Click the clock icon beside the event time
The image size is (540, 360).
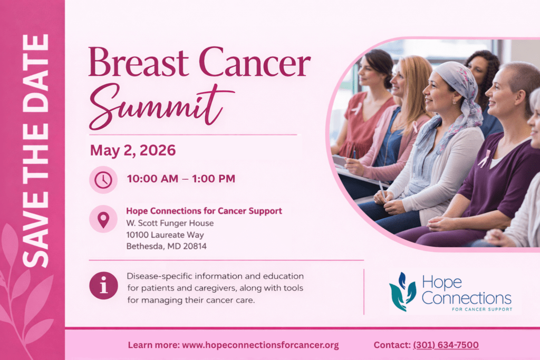(x=103, y=180)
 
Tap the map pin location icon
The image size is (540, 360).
(x=103, y=219)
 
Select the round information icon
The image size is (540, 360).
(x=104, y=285)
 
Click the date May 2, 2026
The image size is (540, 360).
(x=133, y=150)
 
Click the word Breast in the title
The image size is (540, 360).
(x=139, y=62)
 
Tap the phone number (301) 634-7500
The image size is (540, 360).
(x=446, y=345)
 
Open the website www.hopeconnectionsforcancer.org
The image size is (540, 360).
(x=261, y=345)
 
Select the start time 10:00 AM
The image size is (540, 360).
(x=152, y=179)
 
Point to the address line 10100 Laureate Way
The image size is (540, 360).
(x=165, y=235)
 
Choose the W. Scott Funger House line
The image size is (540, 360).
(x=170, y=223)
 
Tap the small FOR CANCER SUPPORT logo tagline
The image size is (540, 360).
(x=482, y=309)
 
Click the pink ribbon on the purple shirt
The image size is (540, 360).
(x=485, y=158)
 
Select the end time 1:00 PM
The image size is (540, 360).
(x=214, y=179)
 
